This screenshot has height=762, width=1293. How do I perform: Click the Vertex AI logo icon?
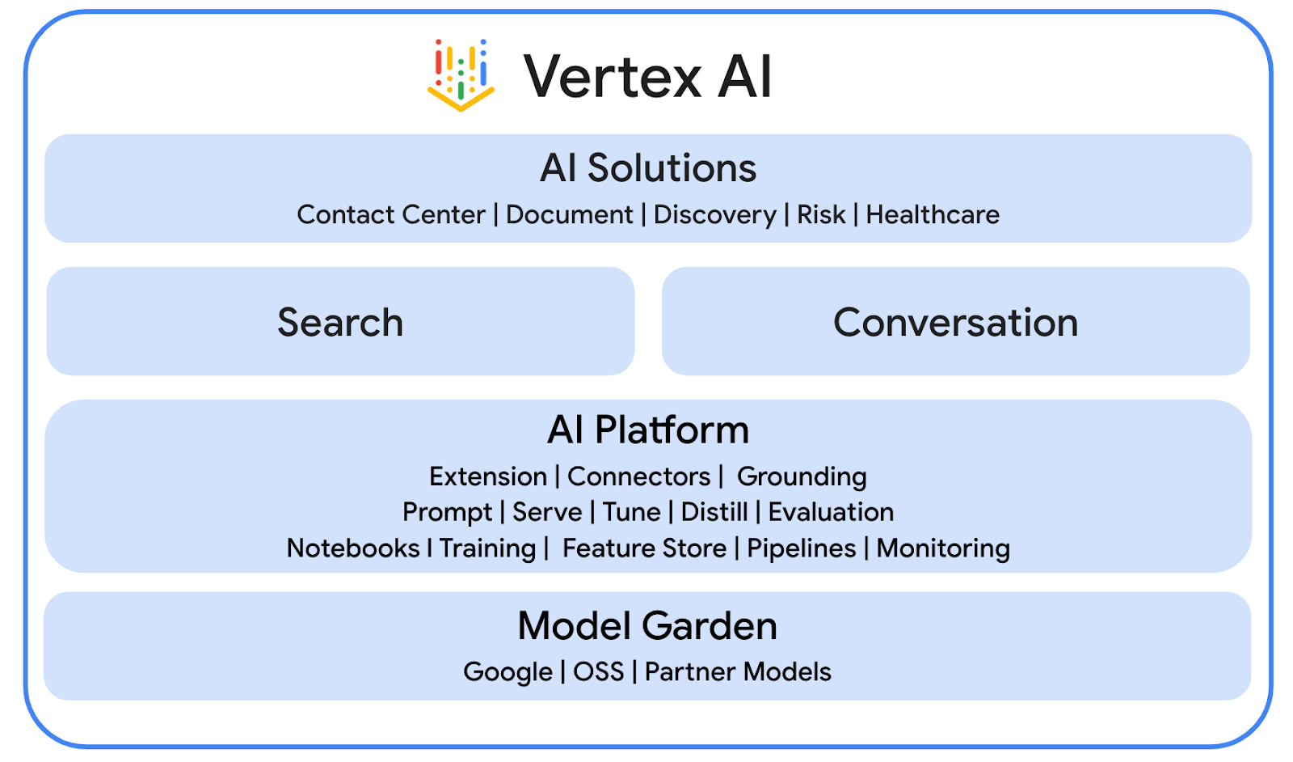coord(461,74)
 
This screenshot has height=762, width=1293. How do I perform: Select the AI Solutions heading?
coord(648,168)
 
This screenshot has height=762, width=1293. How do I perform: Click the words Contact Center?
coord(391,214)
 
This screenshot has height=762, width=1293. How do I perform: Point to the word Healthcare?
coord(933,214)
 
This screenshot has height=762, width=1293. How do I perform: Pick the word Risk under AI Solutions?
coord(821,214)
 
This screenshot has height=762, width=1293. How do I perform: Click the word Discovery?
coord(714,214)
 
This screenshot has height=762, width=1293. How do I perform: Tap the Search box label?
coord(340,322)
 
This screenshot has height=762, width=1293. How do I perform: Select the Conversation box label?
coord(955,322)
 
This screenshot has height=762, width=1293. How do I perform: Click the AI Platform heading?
coord(648,430)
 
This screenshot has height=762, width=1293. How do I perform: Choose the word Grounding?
coord(802,476)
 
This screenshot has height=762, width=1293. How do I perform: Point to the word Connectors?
coord(638,476)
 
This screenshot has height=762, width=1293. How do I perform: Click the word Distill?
coord(714,512)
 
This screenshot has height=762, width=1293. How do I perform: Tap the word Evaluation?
coord(831,512)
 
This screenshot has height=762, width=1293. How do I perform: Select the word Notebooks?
coord(353,548)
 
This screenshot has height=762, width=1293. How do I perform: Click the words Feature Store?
coord(644,548)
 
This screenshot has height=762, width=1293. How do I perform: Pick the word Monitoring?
coord(943,548)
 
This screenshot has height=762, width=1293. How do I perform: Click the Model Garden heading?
coord(647,626)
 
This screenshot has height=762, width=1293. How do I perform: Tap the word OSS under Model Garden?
coord(599,671)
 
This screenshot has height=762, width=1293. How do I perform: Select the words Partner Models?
coord(738,671)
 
